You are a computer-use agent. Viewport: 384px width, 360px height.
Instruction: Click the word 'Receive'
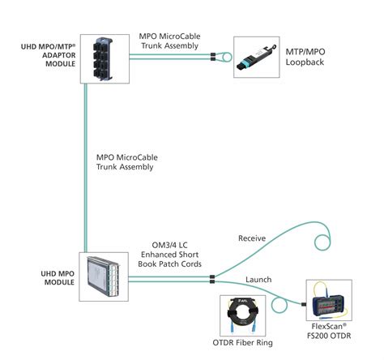coord(251,238)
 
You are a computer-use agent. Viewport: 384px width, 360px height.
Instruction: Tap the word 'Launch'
coord(258,280)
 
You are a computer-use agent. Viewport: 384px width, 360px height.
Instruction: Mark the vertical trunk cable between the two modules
coord(87,162)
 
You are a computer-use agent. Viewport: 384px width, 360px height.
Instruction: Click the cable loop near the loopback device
coord(226,58)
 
